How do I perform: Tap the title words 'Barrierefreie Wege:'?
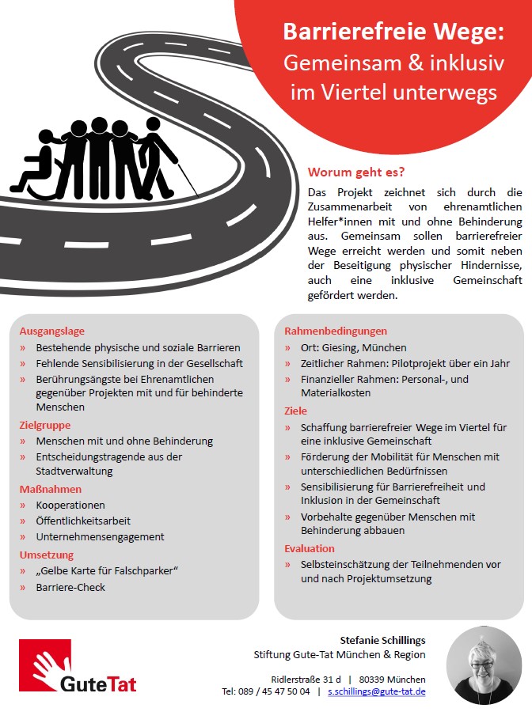(x=393, y=33)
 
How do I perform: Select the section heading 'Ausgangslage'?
(x=52, y=331)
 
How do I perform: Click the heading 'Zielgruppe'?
(x=46, y=425)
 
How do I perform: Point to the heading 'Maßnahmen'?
(x=51, y=489)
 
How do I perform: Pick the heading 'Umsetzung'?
(x=47, y=555)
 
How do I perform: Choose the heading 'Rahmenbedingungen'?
(x=336, y=331)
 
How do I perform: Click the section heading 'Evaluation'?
(x=310, y=548)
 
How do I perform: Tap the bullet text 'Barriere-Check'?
(x=70, y=587)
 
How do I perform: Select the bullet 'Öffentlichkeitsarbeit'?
(x=83, y=521)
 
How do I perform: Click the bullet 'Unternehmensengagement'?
(x=100, y=536)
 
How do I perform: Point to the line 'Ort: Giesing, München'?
(x=353, y=347)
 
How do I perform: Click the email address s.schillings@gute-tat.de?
(x=377, y=691)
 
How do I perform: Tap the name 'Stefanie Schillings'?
(x=382, y=639)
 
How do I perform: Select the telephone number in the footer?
(x=266, y=691)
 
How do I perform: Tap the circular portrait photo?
(x=484, y=665)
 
